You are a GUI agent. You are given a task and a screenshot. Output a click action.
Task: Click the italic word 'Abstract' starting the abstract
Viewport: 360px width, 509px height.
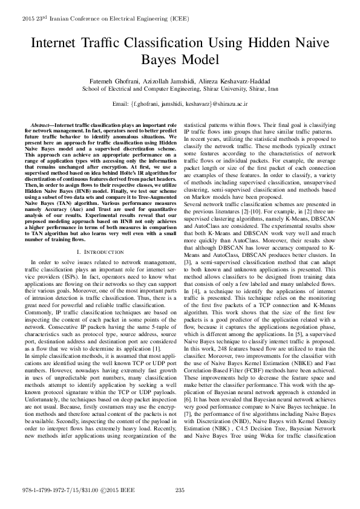click(43, 124)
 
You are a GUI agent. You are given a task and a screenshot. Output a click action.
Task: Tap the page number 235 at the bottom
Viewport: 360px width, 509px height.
click(180, 489)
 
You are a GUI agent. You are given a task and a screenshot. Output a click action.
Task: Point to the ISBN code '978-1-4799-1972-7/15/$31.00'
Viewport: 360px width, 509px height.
click(59, 489)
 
